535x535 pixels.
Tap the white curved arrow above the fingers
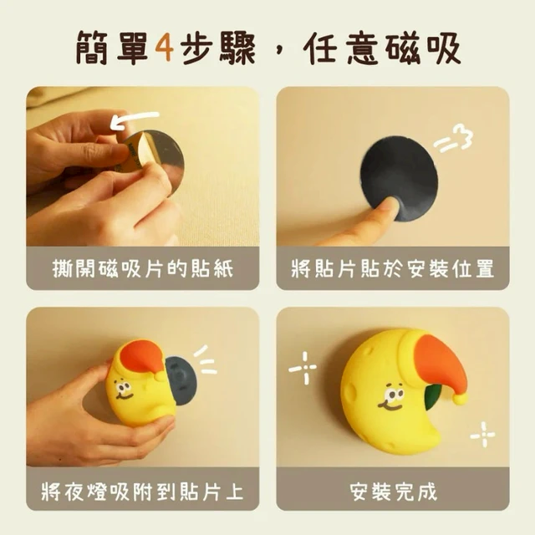point(135,119)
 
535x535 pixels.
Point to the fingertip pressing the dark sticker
point(387,206)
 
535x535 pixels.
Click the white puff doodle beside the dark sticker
point(454,138)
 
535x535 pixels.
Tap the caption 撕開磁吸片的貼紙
point(143,268)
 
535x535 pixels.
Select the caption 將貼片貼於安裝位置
point(393,268)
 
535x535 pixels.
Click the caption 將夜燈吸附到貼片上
point(143,492)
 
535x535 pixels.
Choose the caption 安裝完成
point(393,492)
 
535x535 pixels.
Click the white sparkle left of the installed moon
point(303,368)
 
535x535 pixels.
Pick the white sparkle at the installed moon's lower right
point(483,435)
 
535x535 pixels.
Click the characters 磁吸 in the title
point(424,48)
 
